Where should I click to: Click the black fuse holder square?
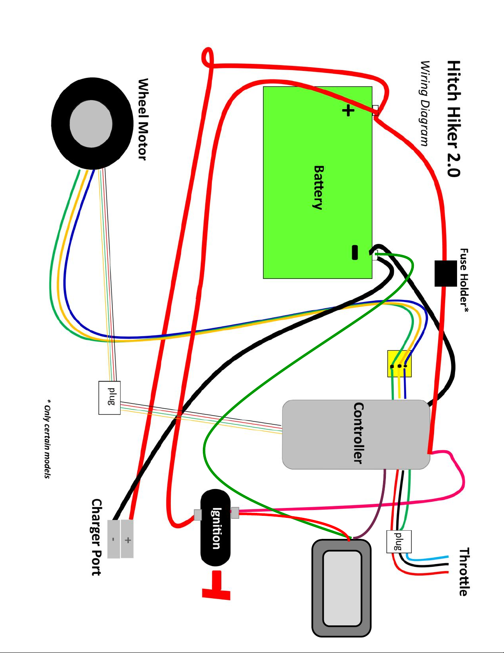tap(446, 274)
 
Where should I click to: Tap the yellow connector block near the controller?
tap(399, 364)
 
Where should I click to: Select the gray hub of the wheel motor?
tap(91, 124)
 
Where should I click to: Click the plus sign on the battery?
tap(348, 110)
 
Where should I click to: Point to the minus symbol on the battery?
tap(355, 252)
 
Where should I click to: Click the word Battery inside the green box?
tap(318, 187)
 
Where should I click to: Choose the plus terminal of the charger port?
tap(127, 539)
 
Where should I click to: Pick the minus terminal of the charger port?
tap(114, 539)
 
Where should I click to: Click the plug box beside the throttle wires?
tap(399, 541)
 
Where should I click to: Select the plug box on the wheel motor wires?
tap(109, 398)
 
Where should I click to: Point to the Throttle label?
tap(464, 571)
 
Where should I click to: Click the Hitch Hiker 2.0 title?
tap(453, 119)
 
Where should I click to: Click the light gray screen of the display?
tap(342, 588)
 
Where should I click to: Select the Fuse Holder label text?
tap(464, 281)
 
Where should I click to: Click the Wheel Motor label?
tap(143, 119)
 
